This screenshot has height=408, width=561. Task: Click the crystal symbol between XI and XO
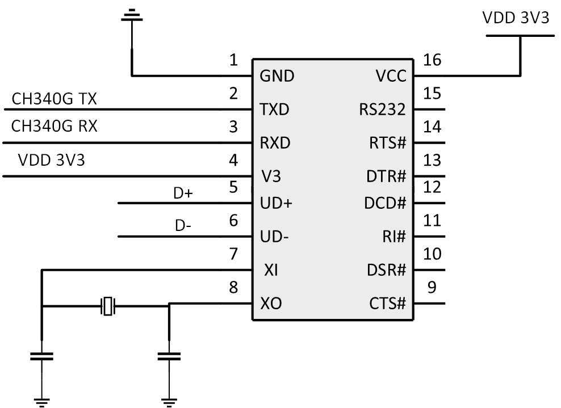[108, 306]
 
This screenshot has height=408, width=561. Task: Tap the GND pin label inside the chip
[277, 76]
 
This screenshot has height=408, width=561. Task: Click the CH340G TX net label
[54, 99]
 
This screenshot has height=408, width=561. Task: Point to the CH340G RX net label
[55, 126]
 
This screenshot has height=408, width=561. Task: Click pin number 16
[432, 60]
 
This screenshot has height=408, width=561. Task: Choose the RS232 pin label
[382, 110]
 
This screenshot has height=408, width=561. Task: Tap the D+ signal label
[183, 194]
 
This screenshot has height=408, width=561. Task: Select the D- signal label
[183, 226]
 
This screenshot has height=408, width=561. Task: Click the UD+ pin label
[275, 203]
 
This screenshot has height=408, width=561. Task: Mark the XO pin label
[270, 304]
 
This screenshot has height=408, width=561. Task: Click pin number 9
[432, 288]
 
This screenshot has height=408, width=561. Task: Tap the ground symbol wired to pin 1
[132, 15]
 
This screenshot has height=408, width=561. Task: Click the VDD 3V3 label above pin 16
[516, 18]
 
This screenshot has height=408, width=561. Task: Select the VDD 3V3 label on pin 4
[52, 160]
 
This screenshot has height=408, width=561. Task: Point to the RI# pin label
[394, 237]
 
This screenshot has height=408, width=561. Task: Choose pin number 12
[432, 186]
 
